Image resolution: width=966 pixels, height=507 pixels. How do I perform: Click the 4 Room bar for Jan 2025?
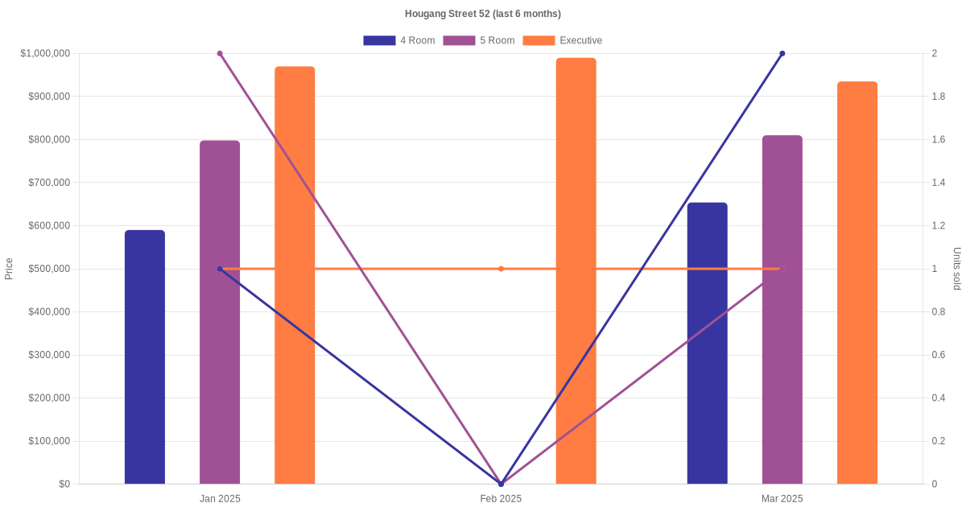click(x=145, y=357)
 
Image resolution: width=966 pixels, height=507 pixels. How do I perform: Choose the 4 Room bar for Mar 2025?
click(x=707, y=344)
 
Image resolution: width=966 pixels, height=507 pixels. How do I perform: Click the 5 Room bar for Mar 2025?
click(x=782, y=310)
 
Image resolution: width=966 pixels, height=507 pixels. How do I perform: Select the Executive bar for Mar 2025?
click(x=857, y=282)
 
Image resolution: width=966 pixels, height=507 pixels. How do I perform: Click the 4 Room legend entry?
click(x=399, y=40)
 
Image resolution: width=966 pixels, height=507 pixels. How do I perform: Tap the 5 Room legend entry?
click(x=479, y=40)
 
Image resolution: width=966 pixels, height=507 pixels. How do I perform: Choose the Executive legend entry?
click(x=563, y=40)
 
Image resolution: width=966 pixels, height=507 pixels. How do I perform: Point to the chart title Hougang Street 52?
click(x=483, y=14)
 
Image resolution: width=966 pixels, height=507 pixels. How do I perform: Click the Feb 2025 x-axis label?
click(x=501, y=499)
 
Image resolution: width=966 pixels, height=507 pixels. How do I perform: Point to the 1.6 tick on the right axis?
click(x=939, y=139)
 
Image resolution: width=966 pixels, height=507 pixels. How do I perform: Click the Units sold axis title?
click(x=957, y=269)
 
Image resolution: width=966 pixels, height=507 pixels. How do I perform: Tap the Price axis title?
click(x=9, y=269)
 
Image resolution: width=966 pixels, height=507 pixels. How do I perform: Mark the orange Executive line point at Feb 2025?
click(x=501, y=269)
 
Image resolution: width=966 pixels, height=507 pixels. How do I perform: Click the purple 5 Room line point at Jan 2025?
click(x=220, y=54)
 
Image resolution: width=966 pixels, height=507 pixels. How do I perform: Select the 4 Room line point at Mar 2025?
click(x=782, y=54)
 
